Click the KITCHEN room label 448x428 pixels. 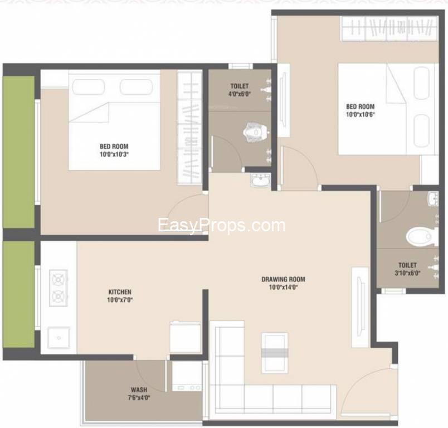click(120, 291)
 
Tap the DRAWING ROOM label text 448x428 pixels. click(284, 279)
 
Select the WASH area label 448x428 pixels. click(139, 390)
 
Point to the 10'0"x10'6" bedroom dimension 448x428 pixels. click(360, 115)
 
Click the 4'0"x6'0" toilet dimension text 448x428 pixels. click(239, 94)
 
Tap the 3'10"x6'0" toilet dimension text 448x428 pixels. click(407, 273)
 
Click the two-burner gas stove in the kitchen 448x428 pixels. click(59, 288)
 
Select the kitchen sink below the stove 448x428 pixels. click(58, 337)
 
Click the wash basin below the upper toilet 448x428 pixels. click(260, 179)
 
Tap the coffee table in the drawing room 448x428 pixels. click(274, 352)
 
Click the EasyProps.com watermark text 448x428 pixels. click(221, 225)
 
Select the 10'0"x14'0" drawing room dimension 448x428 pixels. click(284, 288)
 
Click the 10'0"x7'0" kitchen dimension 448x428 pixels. click(120, 300)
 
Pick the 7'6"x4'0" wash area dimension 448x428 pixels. click(139, 397)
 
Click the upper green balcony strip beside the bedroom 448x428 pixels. click(18, 152)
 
